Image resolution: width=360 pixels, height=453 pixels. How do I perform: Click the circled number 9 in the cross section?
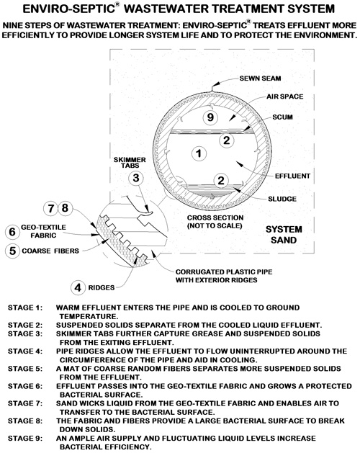tap(210, 117)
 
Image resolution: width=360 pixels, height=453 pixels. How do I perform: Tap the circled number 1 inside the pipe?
tap(199, 153)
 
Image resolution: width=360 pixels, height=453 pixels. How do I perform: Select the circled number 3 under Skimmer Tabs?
tap(136, 178)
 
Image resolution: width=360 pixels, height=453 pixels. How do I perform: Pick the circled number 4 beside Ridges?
tap(78, 288)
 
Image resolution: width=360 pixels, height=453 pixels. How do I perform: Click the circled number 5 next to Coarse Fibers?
tap(12, 251)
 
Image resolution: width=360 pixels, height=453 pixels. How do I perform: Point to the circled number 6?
tap(12, 232)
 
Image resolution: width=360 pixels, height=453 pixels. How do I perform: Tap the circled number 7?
tap(51, 208)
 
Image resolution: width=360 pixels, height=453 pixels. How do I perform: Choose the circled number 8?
tap(66, 208)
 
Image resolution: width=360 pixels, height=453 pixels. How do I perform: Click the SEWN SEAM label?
tap(260, 79)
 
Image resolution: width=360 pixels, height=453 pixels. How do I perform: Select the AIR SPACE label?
tap(284, 97)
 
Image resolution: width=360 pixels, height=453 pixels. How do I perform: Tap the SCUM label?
tap(282, 117)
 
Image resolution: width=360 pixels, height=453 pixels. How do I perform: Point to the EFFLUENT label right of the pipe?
tap(292, 176)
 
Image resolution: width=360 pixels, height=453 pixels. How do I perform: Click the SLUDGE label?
tap(282, 199)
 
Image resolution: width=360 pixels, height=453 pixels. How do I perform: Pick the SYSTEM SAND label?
tap(284, 235)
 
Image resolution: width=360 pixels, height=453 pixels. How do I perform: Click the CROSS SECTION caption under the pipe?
tap(215, 217)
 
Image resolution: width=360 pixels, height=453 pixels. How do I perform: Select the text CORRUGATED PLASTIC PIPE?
tap(224, 272)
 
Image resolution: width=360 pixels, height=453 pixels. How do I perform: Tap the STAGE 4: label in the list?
tap(25, 351)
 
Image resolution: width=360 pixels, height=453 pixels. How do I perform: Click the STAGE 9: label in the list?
tap(25, 439)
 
